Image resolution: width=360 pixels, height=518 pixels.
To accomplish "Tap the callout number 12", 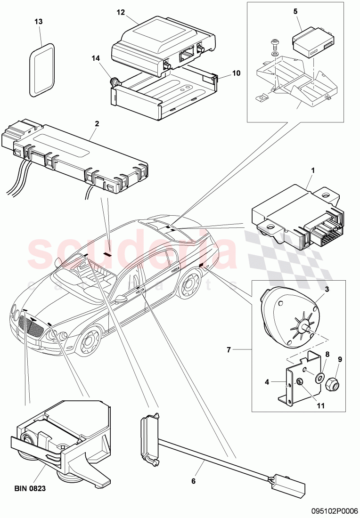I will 121,12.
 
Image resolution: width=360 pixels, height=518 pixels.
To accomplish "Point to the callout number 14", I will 96,58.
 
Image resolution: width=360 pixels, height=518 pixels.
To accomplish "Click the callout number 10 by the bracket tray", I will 236,73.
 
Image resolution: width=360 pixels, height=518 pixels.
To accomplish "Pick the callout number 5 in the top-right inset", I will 295,11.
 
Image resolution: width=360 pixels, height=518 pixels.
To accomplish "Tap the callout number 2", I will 97,124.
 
